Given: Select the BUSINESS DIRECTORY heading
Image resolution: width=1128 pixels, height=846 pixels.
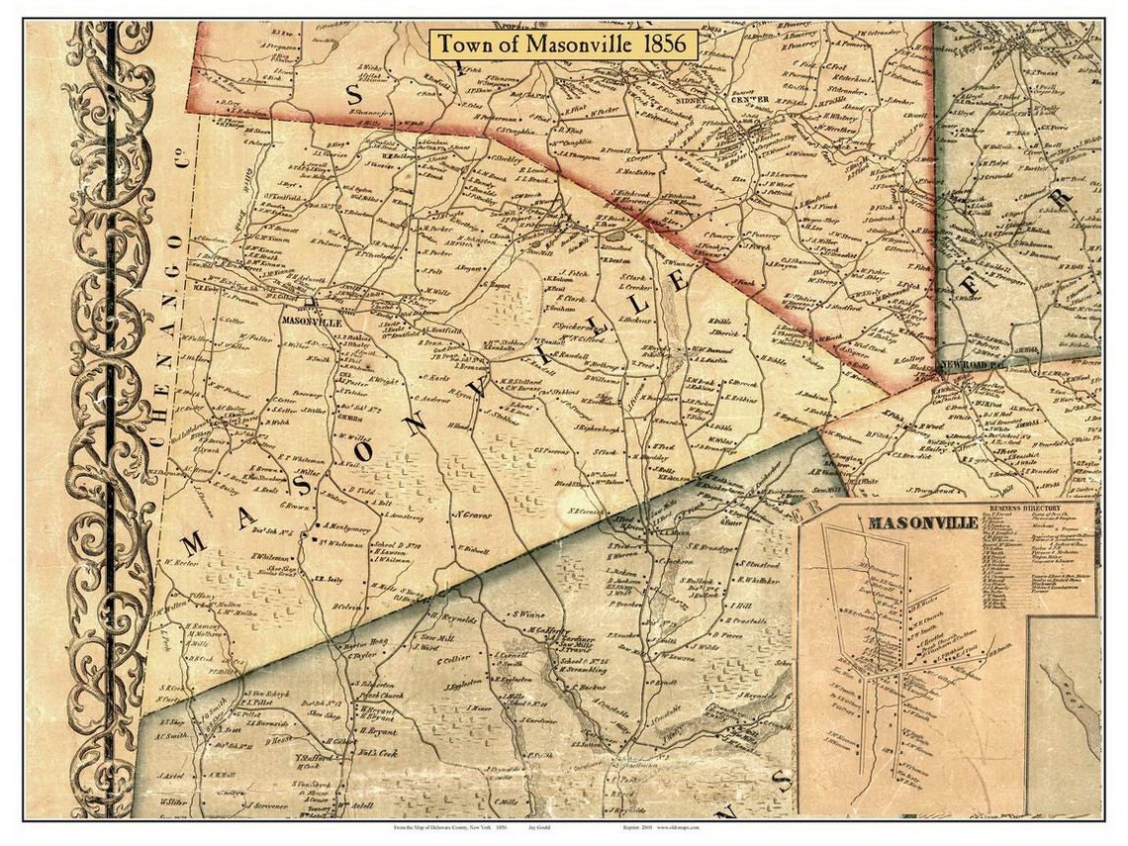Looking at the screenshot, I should [x=1035, y=521].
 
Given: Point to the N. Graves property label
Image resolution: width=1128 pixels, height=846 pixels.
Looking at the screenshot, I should [x=475, y=515].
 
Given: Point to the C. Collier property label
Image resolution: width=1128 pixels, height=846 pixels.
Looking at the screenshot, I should [x=456, y=660].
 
